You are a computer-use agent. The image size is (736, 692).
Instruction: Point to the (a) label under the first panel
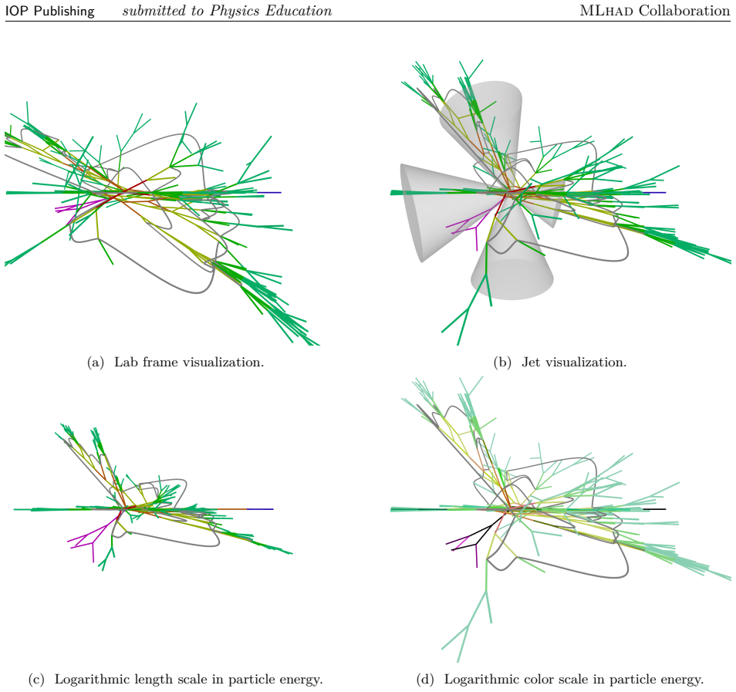96,363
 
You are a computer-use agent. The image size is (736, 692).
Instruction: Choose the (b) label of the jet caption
502,363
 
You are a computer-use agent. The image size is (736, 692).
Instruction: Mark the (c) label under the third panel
36,680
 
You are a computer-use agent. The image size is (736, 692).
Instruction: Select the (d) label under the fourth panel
425,680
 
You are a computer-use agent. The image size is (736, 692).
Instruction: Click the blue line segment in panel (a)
269,193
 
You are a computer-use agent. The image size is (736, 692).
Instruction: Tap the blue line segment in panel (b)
655,193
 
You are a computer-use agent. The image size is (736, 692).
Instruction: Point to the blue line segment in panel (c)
260,509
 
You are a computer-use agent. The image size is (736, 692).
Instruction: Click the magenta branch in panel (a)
77,208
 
